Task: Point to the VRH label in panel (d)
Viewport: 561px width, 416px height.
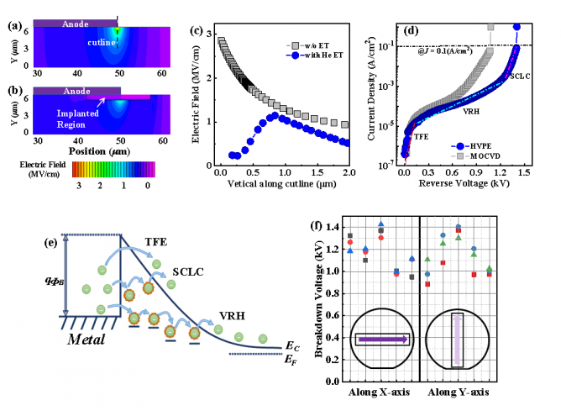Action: pyautogui.click(x=472, y=109)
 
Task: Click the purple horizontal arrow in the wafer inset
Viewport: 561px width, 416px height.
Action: pyautogui.click(x=382, y=340)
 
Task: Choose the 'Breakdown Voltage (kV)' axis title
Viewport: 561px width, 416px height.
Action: pyautogui.click(x=320, y=297)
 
